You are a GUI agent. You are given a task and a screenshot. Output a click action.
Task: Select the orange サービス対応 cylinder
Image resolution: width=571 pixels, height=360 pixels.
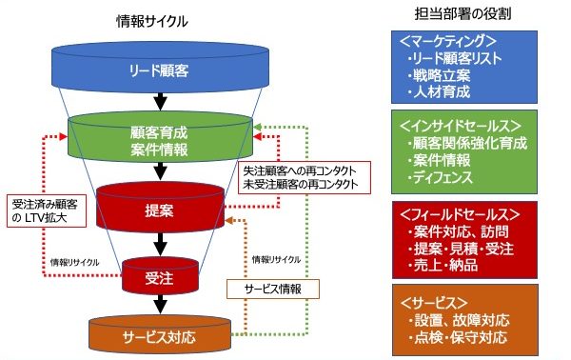pos(160,334)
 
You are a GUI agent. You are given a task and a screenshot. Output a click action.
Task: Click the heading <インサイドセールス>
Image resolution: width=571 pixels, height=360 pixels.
pos(458,125)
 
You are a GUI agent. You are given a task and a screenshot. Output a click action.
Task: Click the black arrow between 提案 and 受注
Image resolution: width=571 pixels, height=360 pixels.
pos(159,243)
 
